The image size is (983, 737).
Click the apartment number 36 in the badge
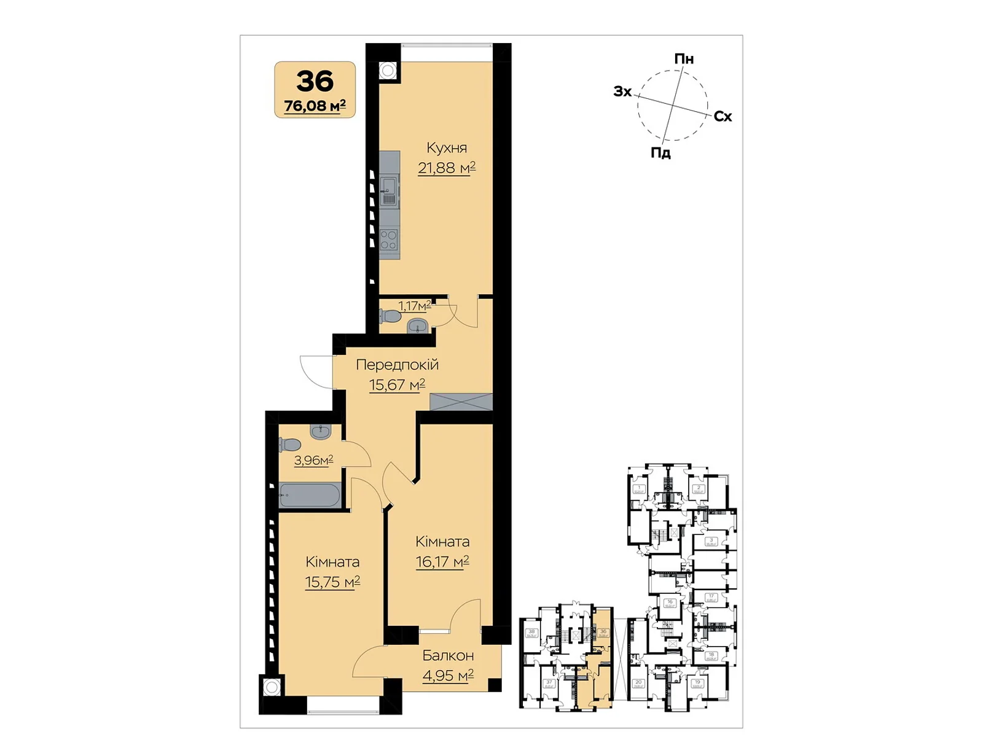point(315,81)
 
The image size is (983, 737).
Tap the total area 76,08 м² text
point(315,106)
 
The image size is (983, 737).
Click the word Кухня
point(447,148)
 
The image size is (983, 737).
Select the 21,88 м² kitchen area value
point(447,168)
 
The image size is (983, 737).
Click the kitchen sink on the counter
point(389,190)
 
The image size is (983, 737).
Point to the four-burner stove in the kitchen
point(389,240)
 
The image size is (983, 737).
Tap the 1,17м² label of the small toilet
point(414,305)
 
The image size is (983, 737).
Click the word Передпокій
point(398,365)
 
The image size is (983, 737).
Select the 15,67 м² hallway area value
point(397,385)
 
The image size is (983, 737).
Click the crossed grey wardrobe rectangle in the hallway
point(461,402)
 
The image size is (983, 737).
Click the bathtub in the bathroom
point(310,496)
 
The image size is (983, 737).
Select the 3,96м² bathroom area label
point(313,460)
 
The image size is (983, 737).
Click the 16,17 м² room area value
point(442,561)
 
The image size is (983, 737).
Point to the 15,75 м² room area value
point(332,582)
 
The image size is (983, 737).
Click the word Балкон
point(448,655)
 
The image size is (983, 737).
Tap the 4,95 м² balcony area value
point(448,676)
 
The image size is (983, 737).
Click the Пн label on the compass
point(684,59)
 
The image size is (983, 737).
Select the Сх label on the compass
point(723,117)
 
